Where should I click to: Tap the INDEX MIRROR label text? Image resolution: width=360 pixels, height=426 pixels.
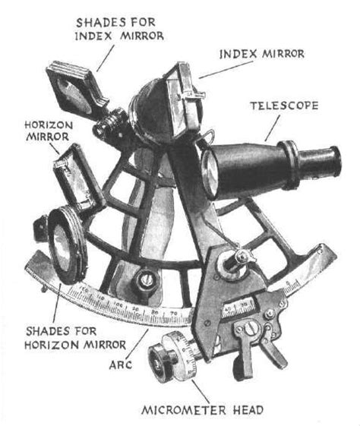click(262, 55)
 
